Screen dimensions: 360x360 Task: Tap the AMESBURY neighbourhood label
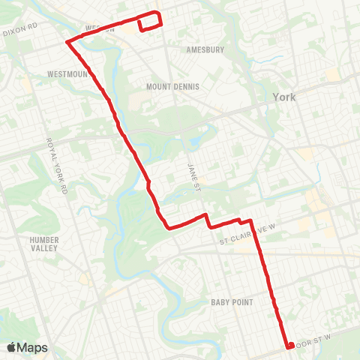point(205,49)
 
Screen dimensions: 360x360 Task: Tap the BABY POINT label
point(232,301)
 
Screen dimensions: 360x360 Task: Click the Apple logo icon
point(12,347)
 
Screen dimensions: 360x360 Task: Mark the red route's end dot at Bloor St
point(289,346)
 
